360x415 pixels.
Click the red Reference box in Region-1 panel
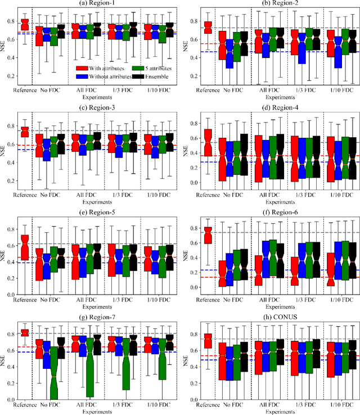coord(24,24)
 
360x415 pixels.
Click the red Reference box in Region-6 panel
coord(208,235)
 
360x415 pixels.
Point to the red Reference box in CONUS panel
coord(208,341)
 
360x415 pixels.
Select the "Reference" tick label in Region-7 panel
coord(24,404)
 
